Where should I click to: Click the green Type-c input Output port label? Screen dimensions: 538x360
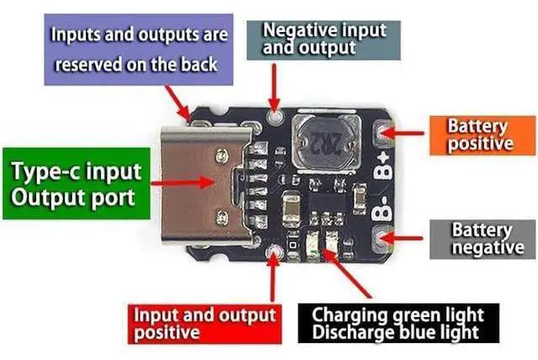(x=76, y=183)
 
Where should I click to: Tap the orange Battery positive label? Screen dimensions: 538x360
(x=483, y=135)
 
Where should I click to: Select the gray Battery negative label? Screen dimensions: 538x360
(x=483, y=239)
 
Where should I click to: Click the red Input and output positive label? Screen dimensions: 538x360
(x=205, y=324)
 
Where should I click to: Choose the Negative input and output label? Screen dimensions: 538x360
(x=324, y=40)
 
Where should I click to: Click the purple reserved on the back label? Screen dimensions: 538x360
(x=139, y=50)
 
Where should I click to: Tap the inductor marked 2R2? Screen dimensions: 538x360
(x=326, y=142)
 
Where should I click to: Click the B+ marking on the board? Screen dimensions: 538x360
(x=383, y=167)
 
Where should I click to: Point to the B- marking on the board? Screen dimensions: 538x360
(x=382, y=208)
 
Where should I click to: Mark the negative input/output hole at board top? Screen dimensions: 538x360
(x=274, y=117)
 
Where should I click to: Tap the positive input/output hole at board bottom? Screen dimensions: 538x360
(x=274, y=252)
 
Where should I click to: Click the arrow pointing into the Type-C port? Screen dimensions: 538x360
(x=182, y=183)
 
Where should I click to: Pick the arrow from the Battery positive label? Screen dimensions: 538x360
(x=403, y=132)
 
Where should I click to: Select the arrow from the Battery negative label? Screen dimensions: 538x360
(x=402, y=237)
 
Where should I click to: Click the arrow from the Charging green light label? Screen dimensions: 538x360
(x=347, y=273)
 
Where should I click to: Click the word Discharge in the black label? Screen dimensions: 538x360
(x=351, y=332)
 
